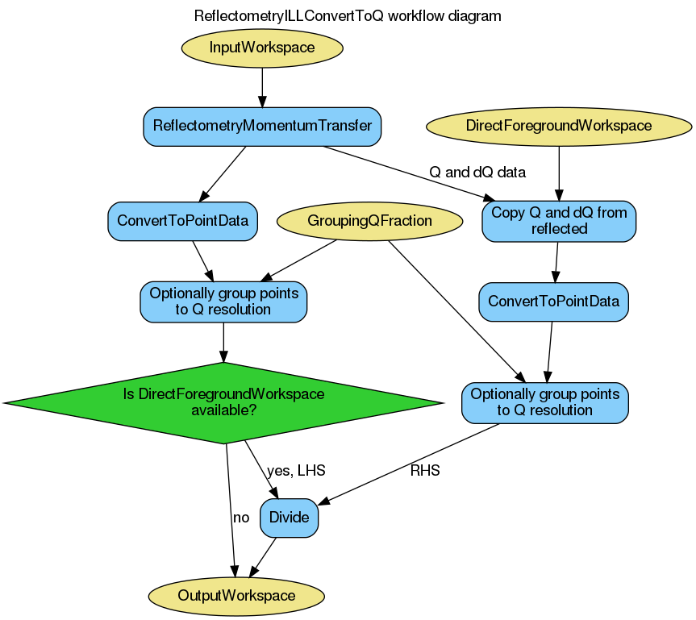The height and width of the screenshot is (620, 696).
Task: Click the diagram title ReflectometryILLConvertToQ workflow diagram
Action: click(348, 16)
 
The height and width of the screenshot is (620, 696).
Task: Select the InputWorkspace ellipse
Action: click(262, 48)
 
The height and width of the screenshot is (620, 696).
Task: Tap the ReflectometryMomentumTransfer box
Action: click(262, 127)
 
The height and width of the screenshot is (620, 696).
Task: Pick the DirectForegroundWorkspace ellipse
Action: click(558, 126)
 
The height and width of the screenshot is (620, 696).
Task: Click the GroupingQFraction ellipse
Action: click(369, 221)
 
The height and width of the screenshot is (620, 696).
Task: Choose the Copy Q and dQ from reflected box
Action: click(559, 221)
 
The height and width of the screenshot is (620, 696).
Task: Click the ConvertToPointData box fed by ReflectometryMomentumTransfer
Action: click(182, 221)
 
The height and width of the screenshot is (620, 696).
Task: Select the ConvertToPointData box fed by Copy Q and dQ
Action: click(553, 302)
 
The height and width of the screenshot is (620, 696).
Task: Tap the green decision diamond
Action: click(223, 402)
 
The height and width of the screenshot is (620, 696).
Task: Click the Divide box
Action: click(289, 518)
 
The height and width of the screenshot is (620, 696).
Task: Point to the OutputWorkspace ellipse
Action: click(236, 596)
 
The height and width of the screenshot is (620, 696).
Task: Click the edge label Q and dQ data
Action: click(477, 172)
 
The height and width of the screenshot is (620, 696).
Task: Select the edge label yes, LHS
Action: click(296, 471)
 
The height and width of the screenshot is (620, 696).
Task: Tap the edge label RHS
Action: click(425, 471)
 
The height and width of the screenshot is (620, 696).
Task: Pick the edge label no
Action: click(240, 518)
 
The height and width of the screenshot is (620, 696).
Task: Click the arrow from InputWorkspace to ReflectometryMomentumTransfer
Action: click(262, 84)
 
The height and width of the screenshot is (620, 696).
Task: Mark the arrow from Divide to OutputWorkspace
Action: click(263, 557)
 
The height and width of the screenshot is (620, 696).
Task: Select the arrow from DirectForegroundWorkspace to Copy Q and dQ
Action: click(558, 173)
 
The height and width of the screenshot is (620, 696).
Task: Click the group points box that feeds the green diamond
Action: click(223, 302)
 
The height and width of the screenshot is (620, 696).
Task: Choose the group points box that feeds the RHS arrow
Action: click(544, 402)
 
